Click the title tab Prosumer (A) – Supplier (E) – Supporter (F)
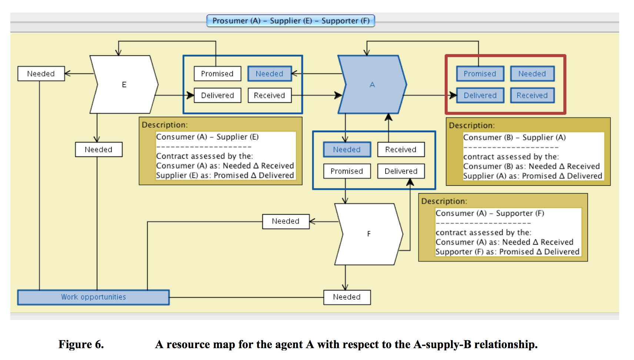(291, 21)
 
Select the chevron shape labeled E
(124, 84)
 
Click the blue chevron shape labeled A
(372, 84)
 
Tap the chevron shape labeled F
(368, 234)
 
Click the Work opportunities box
(93, 297)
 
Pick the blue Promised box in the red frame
(480, 74)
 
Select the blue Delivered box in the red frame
(480, 95)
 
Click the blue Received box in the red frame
(532, 95)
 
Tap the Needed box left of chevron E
(41, 74)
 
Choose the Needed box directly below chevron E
(99, 150)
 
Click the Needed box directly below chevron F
(347, 297)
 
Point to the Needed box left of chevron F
(286, 221)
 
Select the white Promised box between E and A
(217, 74)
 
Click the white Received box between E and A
(270, 95)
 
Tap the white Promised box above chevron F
(347, 171)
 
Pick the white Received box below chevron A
(401, 150)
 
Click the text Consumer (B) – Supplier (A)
(514, 137)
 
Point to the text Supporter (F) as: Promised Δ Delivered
(507, 252)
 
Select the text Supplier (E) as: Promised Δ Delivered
(225, 176)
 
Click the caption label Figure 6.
(81, 344)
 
